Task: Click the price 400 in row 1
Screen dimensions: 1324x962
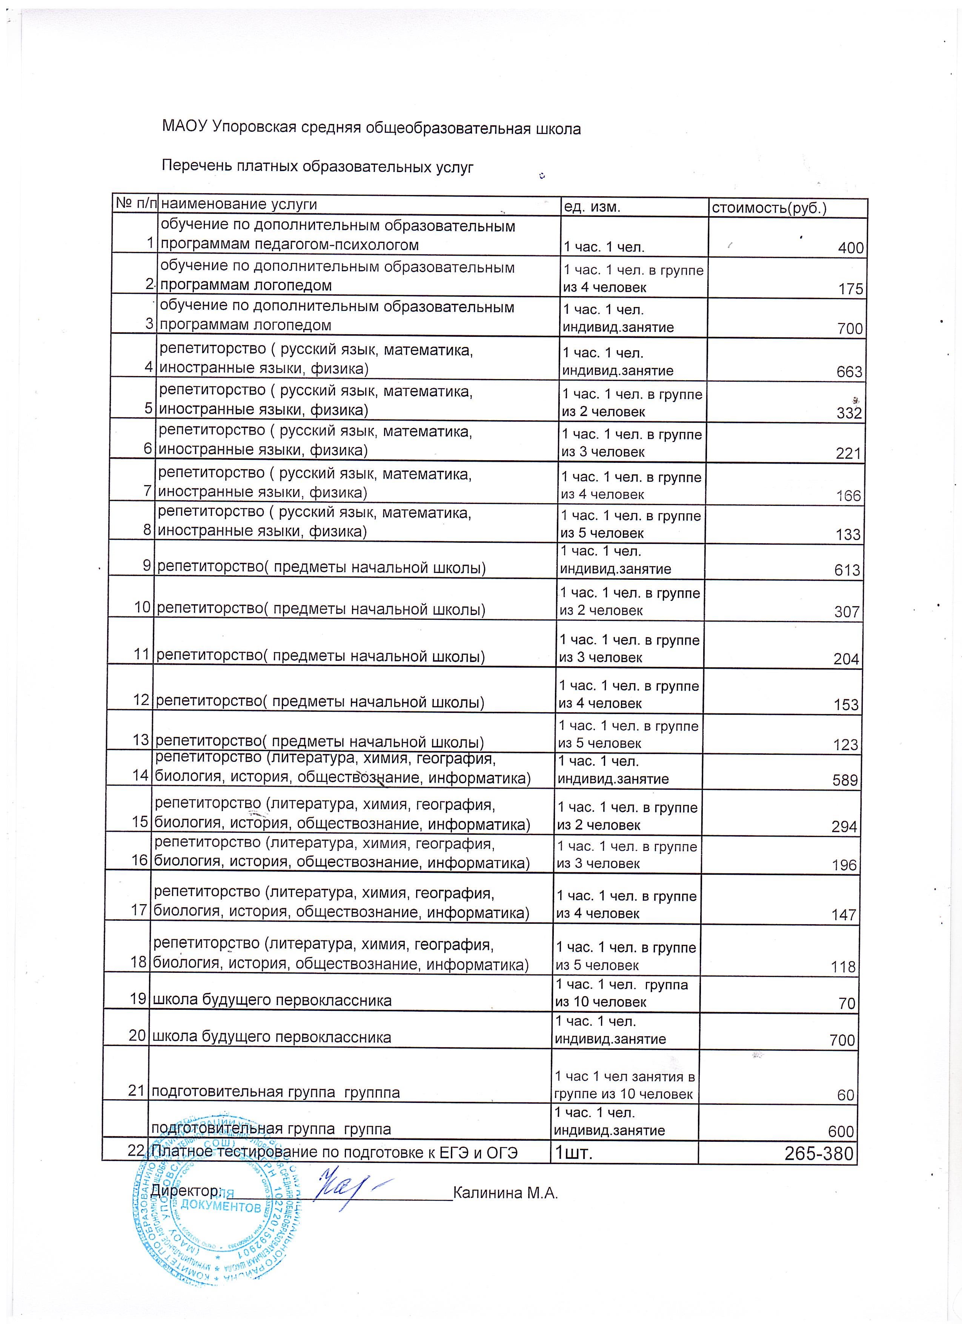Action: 850,248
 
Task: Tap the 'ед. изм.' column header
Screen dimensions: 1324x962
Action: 591,207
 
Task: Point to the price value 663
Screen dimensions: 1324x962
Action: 849,372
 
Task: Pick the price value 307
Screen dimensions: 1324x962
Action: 847,612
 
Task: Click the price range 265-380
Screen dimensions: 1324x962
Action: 819,1154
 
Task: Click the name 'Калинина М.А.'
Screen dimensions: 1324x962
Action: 506,1193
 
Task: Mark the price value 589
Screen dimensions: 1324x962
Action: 845,780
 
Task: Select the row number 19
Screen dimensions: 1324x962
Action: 138,998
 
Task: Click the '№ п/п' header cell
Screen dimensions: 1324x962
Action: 135,203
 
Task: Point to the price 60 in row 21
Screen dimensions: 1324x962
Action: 846,1095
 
